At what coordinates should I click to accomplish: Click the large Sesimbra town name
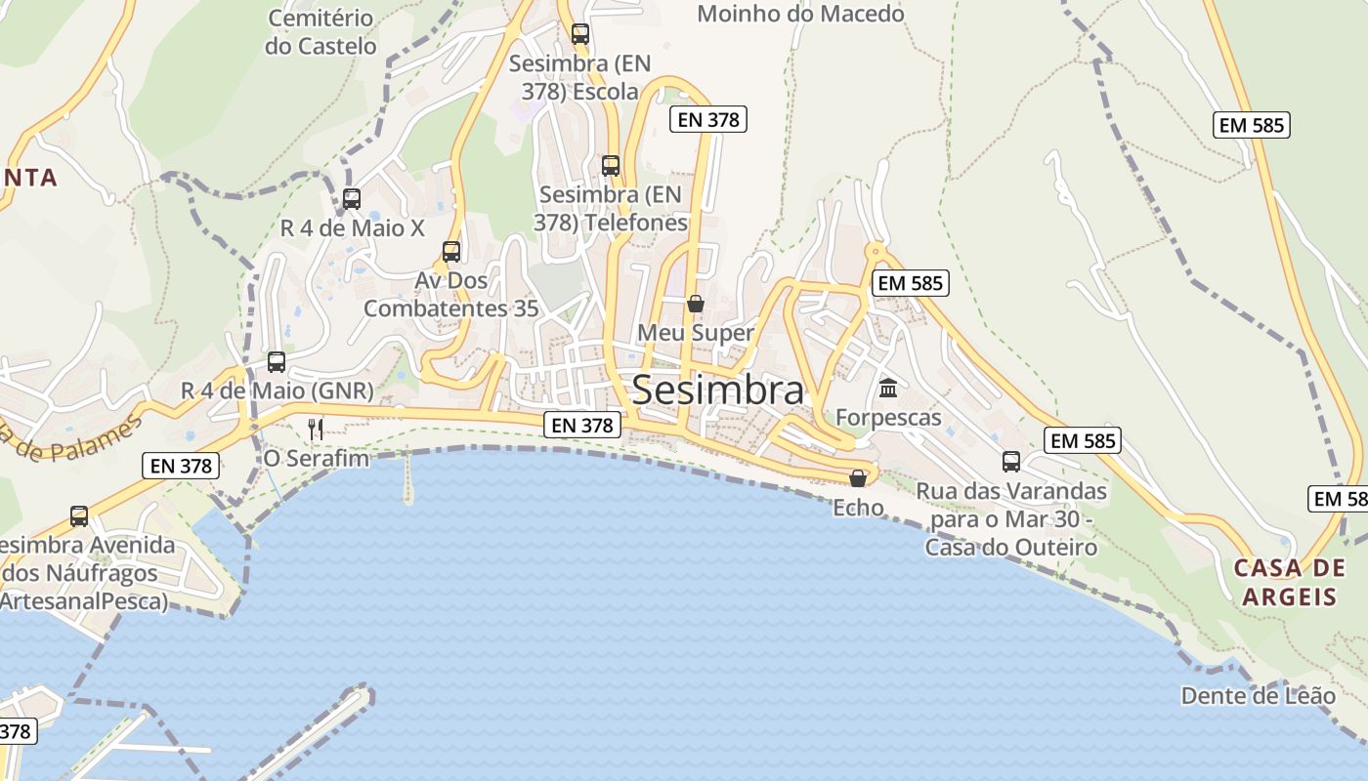pos(718,390)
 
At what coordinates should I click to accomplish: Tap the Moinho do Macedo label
pos(800,14)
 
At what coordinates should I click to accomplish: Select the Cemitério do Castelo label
pos(321,32)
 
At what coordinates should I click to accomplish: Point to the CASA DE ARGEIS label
pos(1289,582)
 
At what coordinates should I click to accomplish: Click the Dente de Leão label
pos(1258,696)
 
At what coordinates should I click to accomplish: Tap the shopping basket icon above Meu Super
pos(696,304)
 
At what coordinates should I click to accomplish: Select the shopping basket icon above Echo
pos(858,478)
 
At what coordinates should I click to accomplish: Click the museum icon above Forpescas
pos(888,389)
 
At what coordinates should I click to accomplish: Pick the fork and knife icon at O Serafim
pos(316,429)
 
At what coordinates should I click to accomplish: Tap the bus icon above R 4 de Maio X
pos(352,199)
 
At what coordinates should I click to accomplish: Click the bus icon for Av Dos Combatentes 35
pos(451,252)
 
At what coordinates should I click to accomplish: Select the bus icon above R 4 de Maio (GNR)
pos(277,362)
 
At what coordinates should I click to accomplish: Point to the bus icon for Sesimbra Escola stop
pos(580,34)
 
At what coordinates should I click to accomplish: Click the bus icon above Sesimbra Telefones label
pos(611,166)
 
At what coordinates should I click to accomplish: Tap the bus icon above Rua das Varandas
pos(1011,462)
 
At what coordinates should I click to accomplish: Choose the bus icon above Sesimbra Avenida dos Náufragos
pos(79,515)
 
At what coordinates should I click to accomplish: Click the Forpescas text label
pos(888,418)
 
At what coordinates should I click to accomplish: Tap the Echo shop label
pos(858,508)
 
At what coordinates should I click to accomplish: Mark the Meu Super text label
pos(696,333)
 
